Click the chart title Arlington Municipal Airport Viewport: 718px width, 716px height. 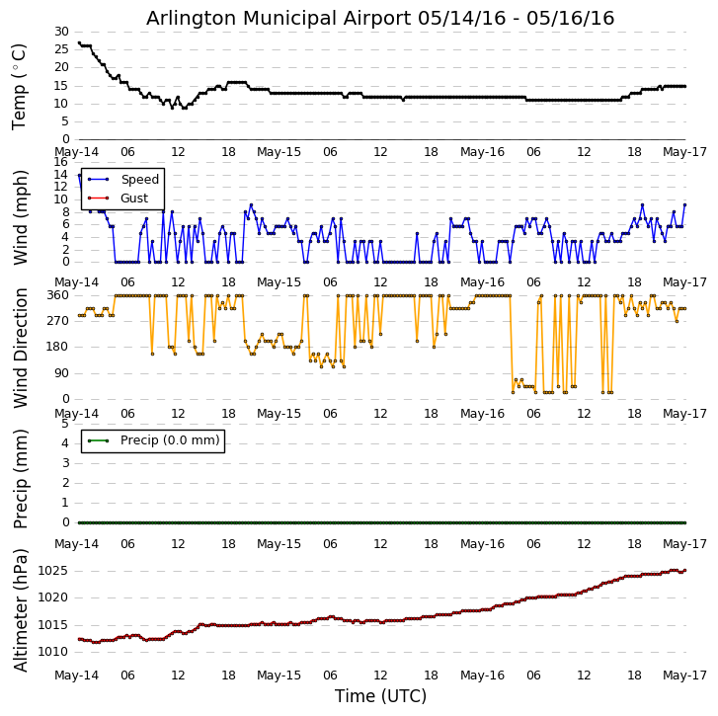tap(380, 19)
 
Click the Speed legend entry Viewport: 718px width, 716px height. tap(139, 180)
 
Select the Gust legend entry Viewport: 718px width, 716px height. tap(133, 199)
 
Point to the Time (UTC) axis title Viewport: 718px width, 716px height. tap(380, 696)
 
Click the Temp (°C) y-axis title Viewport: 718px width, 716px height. tap(20, 86)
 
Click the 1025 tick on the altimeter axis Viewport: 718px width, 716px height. tap(51, 571)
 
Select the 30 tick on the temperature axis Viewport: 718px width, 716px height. tap(61, 32)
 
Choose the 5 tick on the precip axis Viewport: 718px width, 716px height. tap(64, 423)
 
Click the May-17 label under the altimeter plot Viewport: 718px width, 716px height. tap(685, 676)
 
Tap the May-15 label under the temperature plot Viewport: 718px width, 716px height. tap(279, 153)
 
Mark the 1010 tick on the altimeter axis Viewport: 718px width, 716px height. tap(51, 652)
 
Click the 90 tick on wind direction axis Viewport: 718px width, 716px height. tap(60, 373)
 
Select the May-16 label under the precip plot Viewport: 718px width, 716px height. tap(483, 544)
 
